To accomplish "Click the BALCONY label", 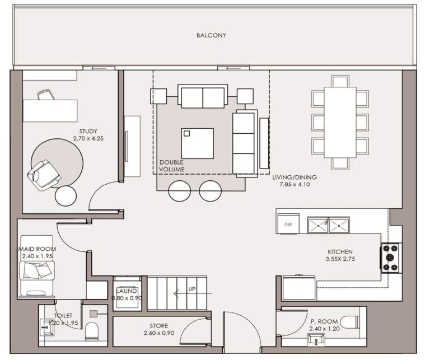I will [x=211, y=35].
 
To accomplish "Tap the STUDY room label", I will [x=88, y=132].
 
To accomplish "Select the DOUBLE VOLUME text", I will [x=171, y=166].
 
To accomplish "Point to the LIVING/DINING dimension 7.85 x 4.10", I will [x=291, y=184].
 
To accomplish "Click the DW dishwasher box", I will [x=288, y=225].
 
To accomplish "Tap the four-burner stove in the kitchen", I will [x=391, y=258].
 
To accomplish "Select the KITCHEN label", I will [x=340, y=252].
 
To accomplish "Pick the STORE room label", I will [x=158, y=325].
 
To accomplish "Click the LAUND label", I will [x=127, y=291].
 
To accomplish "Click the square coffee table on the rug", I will [x=197, y=143].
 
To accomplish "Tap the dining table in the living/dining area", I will [x=340, y=122].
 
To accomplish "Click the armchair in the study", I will [x=44, y=175].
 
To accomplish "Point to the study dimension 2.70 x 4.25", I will [x=88, y=139].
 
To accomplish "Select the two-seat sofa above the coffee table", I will [x=202, y=97].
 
